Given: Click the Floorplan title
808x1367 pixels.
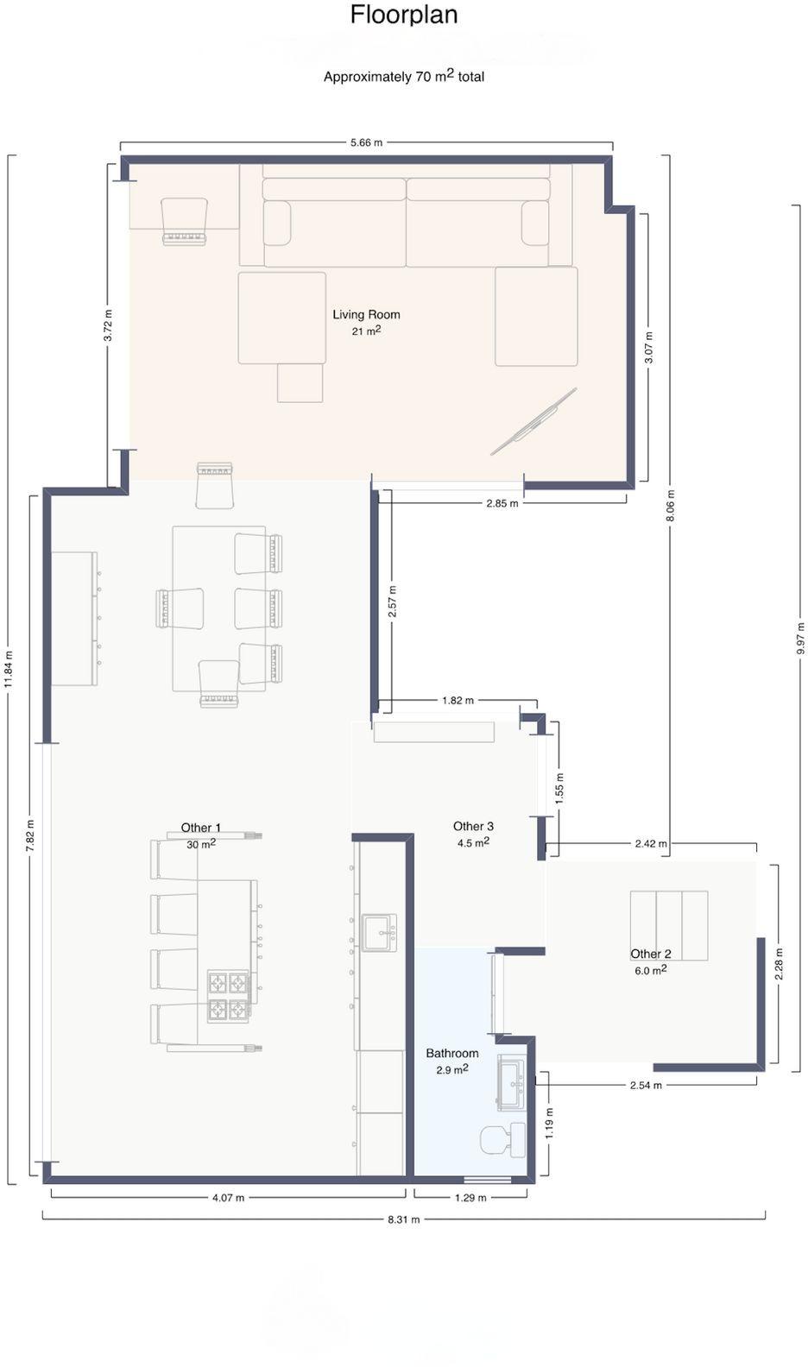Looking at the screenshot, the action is click(x=404, y=16).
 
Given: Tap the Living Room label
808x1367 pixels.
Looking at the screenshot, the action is click(x=366, y=314).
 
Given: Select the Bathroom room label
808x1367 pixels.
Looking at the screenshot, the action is click(x=452, y=1053).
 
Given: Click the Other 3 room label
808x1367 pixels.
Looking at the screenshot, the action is click(x=473, y=826).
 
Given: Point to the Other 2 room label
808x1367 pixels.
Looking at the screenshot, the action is click(x=651, y=954).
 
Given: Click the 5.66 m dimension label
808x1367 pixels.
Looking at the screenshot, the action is click(x=366, y=142).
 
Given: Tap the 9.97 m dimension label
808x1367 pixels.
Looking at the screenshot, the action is click(x=801, y=639).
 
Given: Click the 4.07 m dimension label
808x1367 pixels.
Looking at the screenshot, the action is click(x=228, y=1198).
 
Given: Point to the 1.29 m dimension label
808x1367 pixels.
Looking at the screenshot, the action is click(x=470, y=1198).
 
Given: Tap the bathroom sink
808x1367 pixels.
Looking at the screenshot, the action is click(x=511, y=1082).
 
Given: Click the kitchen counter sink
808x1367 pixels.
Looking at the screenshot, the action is click(x=379, y=933).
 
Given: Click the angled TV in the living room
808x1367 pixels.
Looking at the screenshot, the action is click(x=533, y=421).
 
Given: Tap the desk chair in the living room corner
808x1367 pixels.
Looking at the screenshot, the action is click(x=184, y=222).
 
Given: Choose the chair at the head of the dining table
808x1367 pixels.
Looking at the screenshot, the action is click(x=215, y=485).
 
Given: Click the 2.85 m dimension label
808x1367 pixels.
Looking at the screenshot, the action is click(x=502, y=503).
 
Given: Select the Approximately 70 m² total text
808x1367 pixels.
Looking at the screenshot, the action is click(x=404, y=76).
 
